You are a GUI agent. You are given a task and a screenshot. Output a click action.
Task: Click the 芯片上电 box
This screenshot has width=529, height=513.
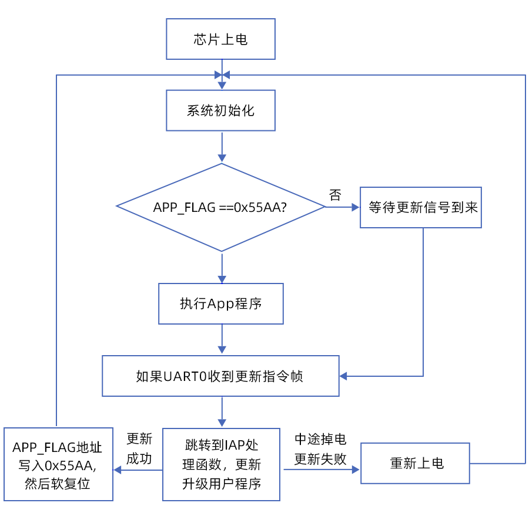220,39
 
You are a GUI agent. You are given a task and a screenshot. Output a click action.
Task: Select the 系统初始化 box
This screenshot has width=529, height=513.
220,110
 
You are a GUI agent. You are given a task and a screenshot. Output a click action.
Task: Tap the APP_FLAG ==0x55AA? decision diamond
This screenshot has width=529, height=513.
220,207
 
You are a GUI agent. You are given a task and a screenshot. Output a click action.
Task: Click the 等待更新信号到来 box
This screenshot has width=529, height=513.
421,207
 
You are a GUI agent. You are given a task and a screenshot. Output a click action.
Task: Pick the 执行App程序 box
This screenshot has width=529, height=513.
220,303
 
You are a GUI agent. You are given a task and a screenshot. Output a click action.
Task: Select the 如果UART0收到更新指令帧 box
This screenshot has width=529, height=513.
220,376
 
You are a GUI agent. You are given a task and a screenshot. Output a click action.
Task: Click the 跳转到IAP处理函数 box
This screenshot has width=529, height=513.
221,464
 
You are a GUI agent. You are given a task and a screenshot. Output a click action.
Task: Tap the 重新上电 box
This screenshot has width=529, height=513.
415,463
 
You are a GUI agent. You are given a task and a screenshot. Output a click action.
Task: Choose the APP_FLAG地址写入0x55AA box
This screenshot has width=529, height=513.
58,464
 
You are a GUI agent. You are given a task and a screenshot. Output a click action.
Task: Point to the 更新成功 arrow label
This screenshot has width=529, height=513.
139,448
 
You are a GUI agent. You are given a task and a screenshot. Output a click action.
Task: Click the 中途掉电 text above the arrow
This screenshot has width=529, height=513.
320,439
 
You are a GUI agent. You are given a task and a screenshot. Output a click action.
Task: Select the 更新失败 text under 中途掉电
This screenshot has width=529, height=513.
320,459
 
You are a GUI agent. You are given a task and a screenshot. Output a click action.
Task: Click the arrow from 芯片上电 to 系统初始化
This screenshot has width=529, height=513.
222,75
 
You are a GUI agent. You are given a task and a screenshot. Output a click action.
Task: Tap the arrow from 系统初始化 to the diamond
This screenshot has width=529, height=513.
222,147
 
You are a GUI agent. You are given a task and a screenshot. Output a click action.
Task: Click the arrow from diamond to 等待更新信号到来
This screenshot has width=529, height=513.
343,207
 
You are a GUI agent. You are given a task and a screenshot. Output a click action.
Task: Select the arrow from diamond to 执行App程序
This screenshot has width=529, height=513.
222,268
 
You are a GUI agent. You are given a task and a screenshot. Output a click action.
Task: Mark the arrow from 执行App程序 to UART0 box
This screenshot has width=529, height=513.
222,340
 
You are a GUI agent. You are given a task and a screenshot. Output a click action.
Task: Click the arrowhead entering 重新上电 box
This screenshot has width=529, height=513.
355,469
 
